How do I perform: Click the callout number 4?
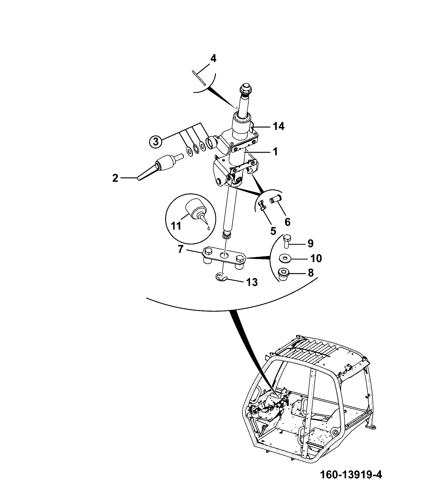(x=213, y=58)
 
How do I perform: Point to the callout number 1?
(x=275, y=152)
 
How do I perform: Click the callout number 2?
(x=115, y=178)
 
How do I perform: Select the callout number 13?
(x=252, y=282)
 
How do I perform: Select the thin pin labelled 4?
(x=199, y=78)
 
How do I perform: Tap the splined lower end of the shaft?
(x=226, y=235)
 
